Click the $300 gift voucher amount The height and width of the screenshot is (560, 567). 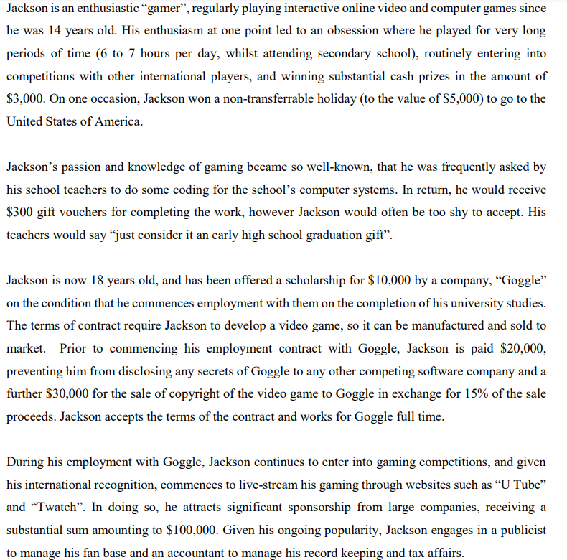coord(22,212)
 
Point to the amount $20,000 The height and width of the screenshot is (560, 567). coord(522,348)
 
